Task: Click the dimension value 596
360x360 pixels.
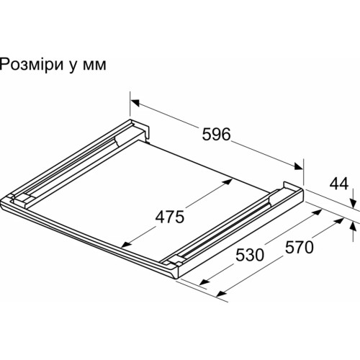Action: tap(216, 134)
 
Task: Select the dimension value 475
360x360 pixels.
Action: tap(170, 217)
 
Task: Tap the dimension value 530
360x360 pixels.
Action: tap(250, 255)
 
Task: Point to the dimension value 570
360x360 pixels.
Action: tap(300, 247)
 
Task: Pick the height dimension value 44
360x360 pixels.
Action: tap(339, 184)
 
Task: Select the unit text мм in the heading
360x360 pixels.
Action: tap(94, 66)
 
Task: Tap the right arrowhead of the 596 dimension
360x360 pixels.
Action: tap(298, 166)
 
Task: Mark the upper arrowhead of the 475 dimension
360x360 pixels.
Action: tap(228, 181)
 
